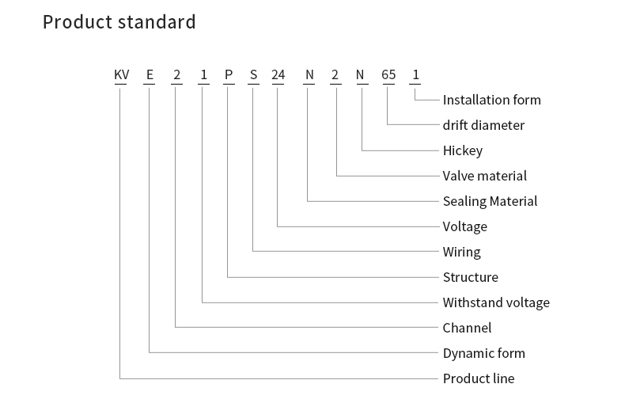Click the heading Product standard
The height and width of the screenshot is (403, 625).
(119, 22)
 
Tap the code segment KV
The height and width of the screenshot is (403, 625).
(122, 74)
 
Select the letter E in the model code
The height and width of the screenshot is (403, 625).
(150, 74)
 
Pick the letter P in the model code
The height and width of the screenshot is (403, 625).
(229, 74)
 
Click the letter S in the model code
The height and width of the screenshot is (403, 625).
(253, 74)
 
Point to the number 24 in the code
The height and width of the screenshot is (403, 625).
(278, 74)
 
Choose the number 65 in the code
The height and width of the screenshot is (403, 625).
(388, 74)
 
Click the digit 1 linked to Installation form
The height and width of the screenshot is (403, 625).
(415, 74)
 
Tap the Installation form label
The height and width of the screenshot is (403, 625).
(492, 100)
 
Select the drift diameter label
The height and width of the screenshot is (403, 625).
(483, 125)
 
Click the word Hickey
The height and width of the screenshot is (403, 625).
(463, 150)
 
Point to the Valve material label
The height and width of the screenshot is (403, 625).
(485, 176)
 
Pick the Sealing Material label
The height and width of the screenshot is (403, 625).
(490, 201)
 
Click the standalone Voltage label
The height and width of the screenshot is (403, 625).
(464, 227)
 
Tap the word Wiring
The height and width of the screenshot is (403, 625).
(461, 253)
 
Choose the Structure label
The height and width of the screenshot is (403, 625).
(471, 277)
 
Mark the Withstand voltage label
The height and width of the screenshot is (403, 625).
(496, 303)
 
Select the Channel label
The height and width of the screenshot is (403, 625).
(467, 328)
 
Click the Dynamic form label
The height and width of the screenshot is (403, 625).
(484, 354)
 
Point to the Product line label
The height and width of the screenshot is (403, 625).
(479, 378)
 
